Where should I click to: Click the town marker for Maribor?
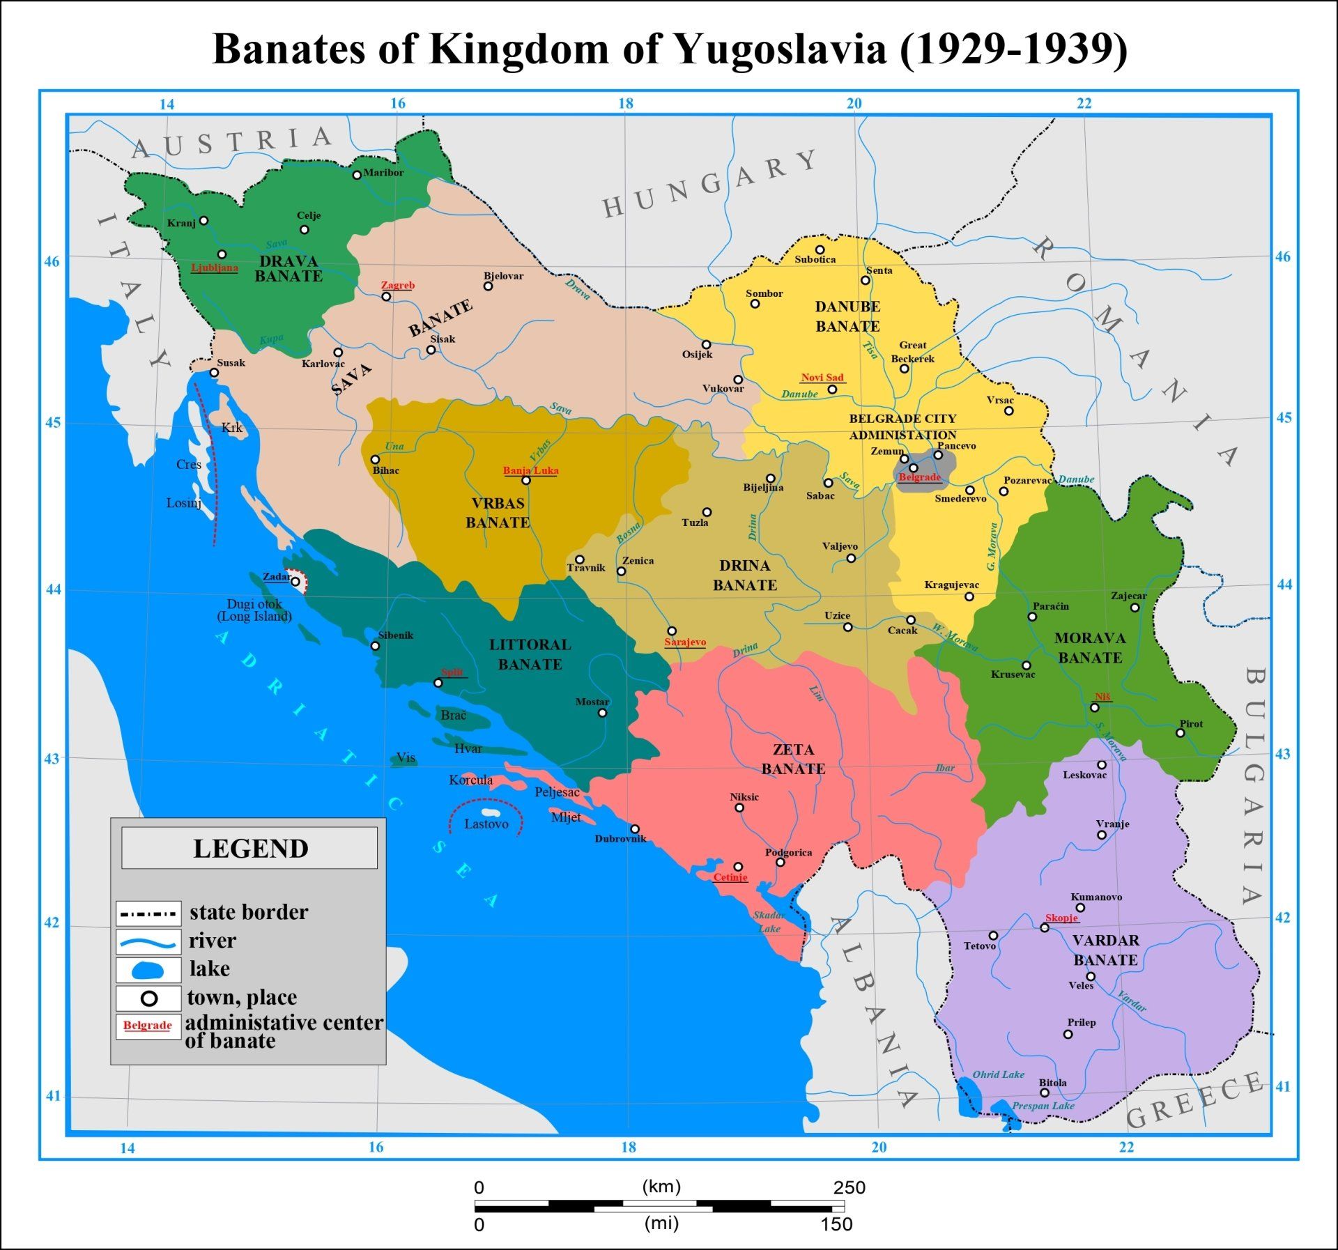click(x=357, y=175)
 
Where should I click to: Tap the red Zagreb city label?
click(x=398, y=285)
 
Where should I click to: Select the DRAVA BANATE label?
click(x=288, y=269)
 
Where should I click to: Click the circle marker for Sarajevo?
click(x=672, y=631)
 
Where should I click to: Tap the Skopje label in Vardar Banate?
click(x=1061, y=918)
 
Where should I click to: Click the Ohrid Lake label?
click(x=998, y=1074)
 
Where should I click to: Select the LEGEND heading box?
click(x=249, y=848)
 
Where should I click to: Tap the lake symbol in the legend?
click(x=148, y=971)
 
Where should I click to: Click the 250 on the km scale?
click(x=849, y=1187)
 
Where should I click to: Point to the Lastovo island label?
click(x=486, y=824)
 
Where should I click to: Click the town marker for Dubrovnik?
click(x=635, y=829)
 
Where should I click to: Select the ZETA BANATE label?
click(x=793, y=759)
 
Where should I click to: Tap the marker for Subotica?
click(x=820, y=249)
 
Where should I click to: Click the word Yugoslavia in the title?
click(x=779, y=49)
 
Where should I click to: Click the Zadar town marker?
click(x=295, y=581)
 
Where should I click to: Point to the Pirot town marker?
click(x=1181, y=733)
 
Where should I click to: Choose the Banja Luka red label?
click(x=531, y=470)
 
